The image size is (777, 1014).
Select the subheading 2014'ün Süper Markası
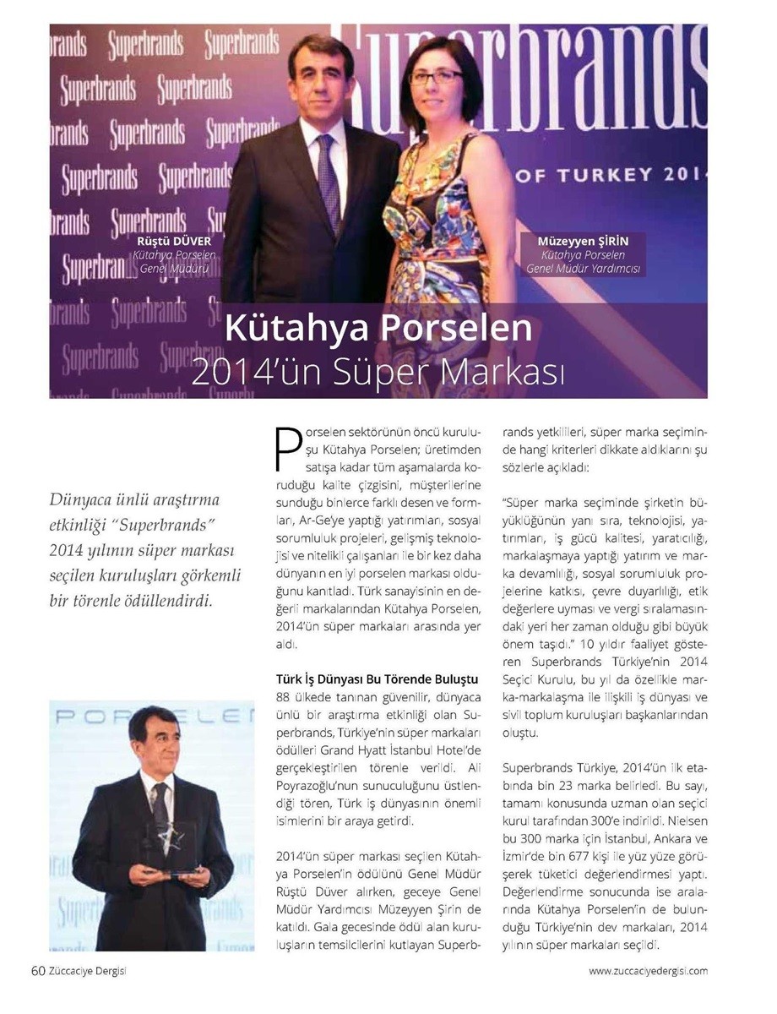378,371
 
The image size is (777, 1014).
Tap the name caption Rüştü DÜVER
175,241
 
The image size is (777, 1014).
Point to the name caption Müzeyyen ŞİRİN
584,241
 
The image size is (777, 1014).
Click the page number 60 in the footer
38,971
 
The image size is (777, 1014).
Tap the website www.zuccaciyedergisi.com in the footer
648,972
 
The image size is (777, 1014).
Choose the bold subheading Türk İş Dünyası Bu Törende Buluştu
378,679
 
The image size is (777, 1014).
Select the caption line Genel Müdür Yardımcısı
584,269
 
